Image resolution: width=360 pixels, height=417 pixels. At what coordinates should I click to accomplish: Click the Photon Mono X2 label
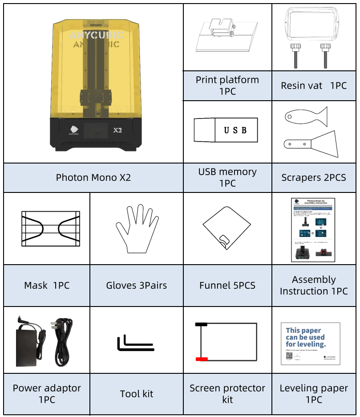[93, 177]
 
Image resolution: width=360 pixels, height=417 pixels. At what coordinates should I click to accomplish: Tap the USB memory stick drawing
[226, 130]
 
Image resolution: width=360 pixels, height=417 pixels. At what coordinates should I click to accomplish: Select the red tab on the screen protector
[202, 359]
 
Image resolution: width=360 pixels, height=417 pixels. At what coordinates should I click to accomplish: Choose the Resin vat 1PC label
[314, 86]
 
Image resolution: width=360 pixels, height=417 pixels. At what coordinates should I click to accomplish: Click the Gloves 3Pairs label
[137, 286]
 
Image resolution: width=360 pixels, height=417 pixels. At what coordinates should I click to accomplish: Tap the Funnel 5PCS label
[227, 286]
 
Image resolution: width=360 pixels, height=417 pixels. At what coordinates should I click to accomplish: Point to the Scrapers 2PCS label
[314, 177]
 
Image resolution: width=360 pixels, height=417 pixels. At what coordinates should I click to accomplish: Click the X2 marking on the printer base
[118, 131]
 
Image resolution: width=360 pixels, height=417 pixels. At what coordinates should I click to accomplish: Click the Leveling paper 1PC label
[314, 394]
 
